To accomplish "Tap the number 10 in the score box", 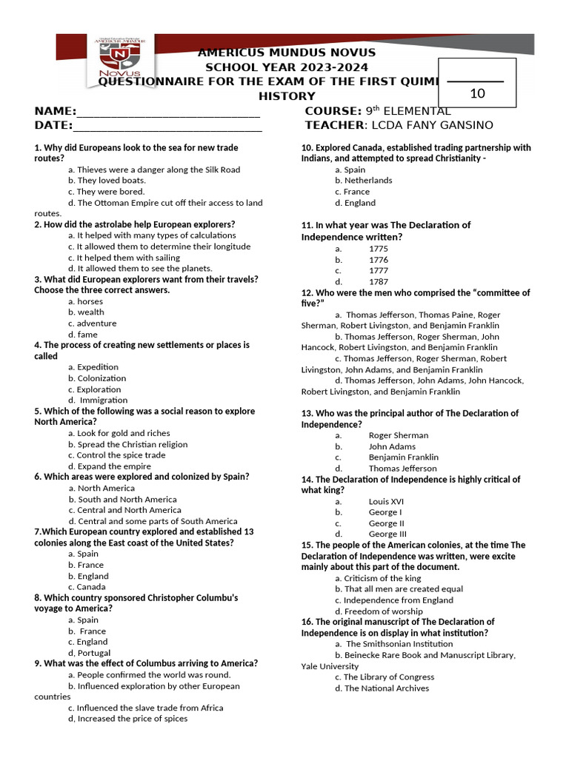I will [x=477, y=93].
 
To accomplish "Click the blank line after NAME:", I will [x=168, y=113].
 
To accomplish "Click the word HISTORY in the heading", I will [x=286, y=96].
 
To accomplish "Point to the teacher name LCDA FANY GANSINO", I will [x=441, y=125].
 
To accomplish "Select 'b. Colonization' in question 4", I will [x=97, y=378].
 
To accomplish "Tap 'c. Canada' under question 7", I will [x=87, y=587].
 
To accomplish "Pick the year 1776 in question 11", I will [x=378, y=260].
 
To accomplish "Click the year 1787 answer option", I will [x=378, y=282].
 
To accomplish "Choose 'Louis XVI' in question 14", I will [x=386, y=501].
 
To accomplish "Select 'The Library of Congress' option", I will [x=384, y=677].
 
